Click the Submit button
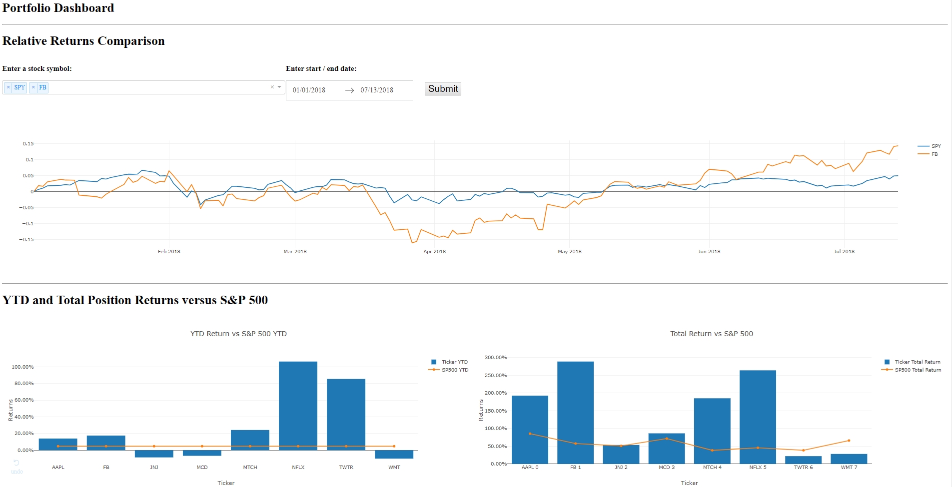[x=443, y=89]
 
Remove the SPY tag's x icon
[x=8, y=87]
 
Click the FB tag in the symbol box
[x=42, y=87]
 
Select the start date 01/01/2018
[x=309, y=90]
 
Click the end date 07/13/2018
[x=377, y=90]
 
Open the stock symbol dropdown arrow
[x=279, y=87]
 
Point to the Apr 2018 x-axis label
[x=434, y=251]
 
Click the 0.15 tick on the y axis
[x=28, y=144]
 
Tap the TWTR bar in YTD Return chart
[x=346, y=415]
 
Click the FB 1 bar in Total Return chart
[x=575, y=413]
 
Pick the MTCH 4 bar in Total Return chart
[x=712, y=431]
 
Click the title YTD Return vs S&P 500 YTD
[x=238, y=334]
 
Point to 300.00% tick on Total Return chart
[x=496, y=358]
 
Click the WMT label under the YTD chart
[x=394, y=468]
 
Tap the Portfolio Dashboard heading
[x=58, y=8]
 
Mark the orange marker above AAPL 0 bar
[x=530, y=434]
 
